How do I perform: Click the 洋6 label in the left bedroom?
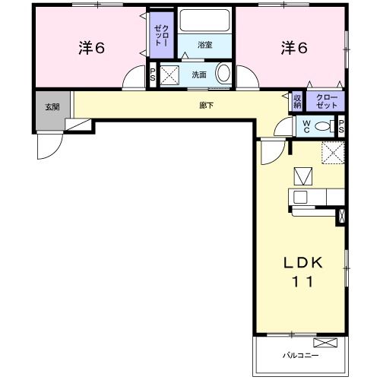(x=90, y=48)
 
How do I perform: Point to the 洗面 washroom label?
(x=199, y=74)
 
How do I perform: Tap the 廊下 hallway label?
(x=206, y=105)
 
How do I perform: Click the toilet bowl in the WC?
(x=323, y=126)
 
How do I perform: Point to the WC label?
(x=307, y=126)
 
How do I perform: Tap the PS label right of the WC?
(x=341, y=126)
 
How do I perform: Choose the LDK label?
(x=304, y=262)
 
